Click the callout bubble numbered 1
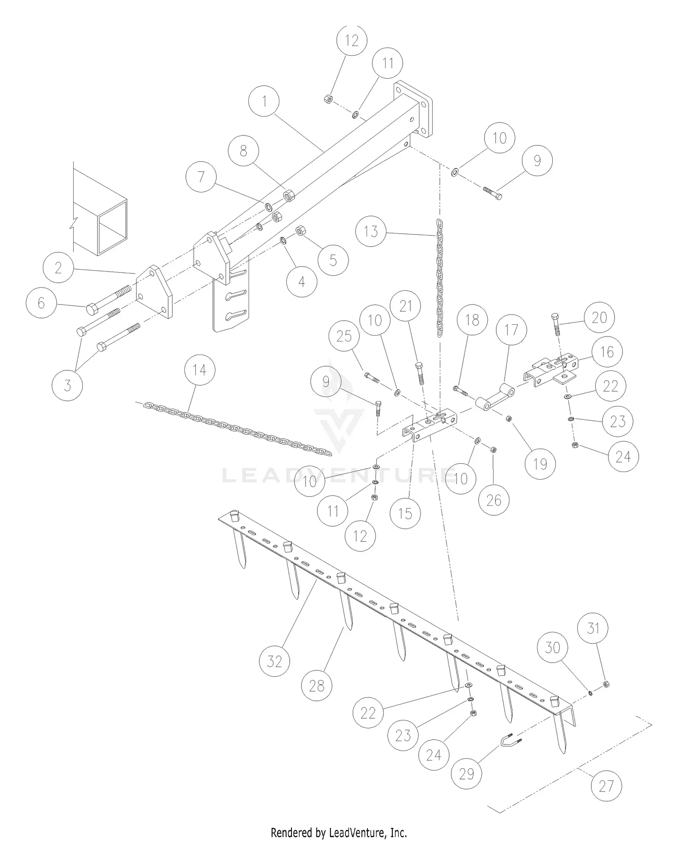[264, 101]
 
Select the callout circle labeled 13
[371, 231]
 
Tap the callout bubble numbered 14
[200, 370]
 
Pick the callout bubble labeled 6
[42, 303]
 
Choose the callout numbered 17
[511, 330]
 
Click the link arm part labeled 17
[493, 398]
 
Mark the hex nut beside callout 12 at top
[329, 99]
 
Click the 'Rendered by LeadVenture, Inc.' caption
[339, 832]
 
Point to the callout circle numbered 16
[607, 351]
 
